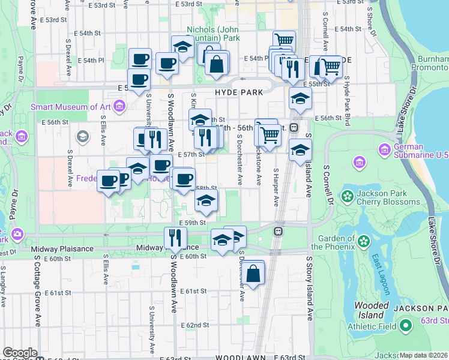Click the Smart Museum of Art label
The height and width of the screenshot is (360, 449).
pos(71,107)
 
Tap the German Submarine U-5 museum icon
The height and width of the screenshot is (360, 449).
pos(385,149)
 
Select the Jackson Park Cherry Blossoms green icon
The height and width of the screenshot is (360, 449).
pos(346,196)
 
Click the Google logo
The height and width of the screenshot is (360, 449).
pos(20,353)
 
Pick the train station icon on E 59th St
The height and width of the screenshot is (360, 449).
pos(279,230)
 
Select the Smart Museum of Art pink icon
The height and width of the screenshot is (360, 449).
pos(119,107)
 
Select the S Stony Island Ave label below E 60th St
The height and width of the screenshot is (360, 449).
pos(310,288)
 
